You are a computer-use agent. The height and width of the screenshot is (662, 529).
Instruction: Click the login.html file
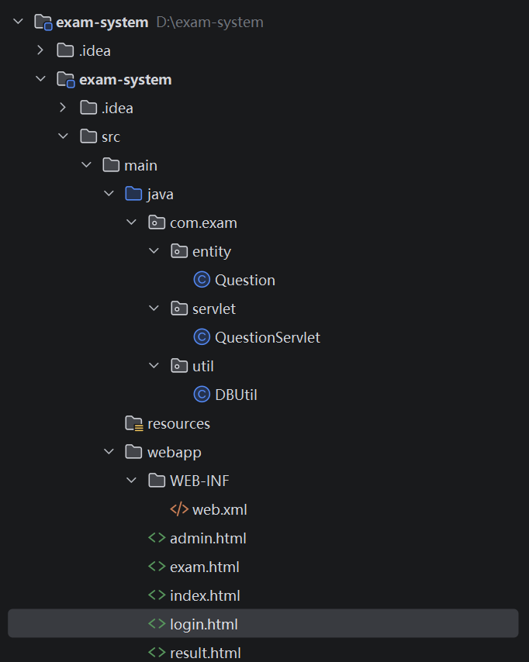(203, 624)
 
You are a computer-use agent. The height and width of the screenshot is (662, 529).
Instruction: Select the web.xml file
(220, 509)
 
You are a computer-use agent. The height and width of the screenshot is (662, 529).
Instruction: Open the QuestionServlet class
(267, 337)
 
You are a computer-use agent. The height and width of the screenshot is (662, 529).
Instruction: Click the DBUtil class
(236, 395)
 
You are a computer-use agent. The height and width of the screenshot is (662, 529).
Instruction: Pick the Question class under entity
(244, 280)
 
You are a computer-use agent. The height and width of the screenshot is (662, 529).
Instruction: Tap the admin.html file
(208, 538)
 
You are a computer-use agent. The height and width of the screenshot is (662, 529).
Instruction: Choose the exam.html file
(204, 567)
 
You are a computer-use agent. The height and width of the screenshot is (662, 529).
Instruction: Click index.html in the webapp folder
(205, 595)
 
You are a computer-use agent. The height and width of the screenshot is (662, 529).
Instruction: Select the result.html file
(205, 653)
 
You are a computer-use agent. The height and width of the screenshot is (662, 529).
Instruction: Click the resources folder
(178, 423)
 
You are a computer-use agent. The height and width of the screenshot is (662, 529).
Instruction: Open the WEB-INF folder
(199, 481)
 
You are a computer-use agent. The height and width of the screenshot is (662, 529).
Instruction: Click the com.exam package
(203, 222)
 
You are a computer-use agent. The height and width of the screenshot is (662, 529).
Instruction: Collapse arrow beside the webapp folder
(109, 452)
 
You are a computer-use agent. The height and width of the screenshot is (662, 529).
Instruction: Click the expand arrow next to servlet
(154, 309)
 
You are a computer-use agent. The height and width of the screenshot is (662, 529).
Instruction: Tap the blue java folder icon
(133, 194)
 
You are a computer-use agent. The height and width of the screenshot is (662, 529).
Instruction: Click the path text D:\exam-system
(209, 22)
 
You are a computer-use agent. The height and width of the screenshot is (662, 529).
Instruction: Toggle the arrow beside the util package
(154, 366)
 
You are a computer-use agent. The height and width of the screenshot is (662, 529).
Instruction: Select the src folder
(110, 136)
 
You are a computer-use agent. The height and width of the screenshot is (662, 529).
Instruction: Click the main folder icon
(111, 165)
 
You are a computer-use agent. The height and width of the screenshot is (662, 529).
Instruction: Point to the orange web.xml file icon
(179, 509)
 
